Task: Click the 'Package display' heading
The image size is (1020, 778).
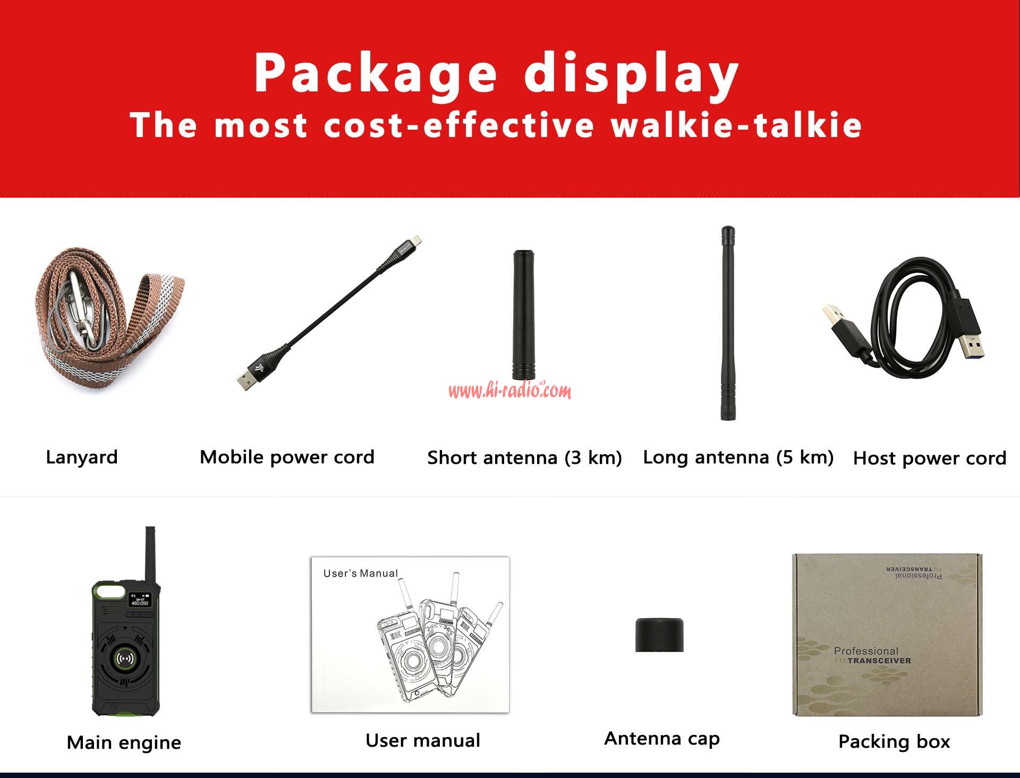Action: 496,74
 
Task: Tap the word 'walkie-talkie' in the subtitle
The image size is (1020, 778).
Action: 736,125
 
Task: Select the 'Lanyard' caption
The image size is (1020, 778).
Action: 82,458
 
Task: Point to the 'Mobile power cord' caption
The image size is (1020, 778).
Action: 287,458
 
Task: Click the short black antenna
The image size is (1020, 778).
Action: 524,315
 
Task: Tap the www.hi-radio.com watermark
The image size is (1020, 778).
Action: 510,391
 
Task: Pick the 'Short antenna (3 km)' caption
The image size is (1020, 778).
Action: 524,458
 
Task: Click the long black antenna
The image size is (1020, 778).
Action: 727,323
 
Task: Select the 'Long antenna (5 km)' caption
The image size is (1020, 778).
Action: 738,458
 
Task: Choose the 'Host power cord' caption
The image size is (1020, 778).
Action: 930,458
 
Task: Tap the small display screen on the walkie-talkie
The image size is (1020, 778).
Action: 140,600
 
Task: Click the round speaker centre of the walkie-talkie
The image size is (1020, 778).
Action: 125,659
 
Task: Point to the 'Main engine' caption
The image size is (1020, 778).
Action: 124,742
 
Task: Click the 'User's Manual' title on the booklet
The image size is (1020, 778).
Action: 361,573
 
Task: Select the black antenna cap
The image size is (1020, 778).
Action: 659,635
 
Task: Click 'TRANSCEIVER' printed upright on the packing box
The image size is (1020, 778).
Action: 879,661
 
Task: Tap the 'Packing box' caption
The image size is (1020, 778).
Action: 894,741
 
